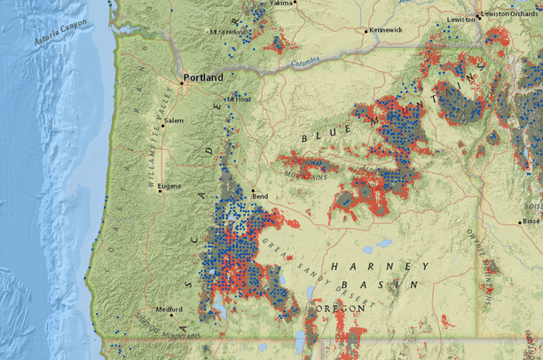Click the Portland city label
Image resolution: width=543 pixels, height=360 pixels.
click(203, 77)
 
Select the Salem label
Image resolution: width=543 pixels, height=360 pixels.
click(174, 121)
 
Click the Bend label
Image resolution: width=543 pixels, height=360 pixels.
click(261, 196)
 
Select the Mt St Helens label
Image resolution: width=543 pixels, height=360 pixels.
click(225, 32)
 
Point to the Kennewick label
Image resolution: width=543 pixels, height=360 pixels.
click(385, 29)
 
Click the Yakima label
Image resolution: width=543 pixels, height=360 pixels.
click(281, 4)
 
